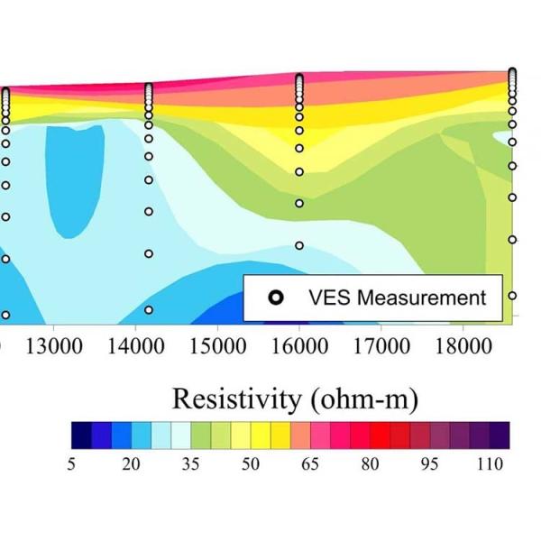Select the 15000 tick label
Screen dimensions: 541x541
(217, 346)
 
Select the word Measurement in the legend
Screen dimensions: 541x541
(423, 298)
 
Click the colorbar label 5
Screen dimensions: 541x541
(71, 464)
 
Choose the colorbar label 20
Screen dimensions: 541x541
(132, 464)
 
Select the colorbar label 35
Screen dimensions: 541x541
(191, 464)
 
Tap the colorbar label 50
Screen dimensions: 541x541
(251, 464)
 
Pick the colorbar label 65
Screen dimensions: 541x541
(310, 464)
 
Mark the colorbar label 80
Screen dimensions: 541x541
(370, 464)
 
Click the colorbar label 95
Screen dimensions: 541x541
(429, 464)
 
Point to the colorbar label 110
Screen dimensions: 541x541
(489, 464)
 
